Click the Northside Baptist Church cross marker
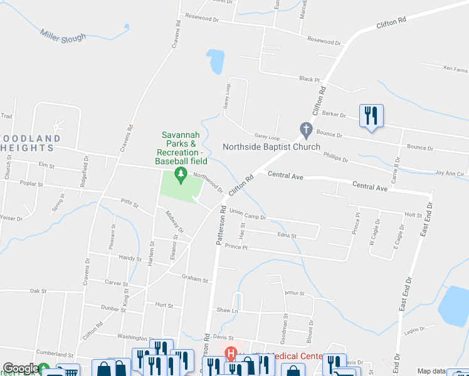(x=306, y=130)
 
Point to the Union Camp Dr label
(x=248, y=214)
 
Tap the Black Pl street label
(x=309, y=79)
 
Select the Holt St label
(x=413, y=215)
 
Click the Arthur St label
(x=294, y=293)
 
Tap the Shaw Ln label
(x=228, y=310)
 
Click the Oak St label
(x=39, y=291)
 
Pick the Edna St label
(x=286, y=236)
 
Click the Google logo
(x=21, y=369)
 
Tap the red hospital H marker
(x=231, y=354)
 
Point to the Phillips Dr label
(x=335, y=157)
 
